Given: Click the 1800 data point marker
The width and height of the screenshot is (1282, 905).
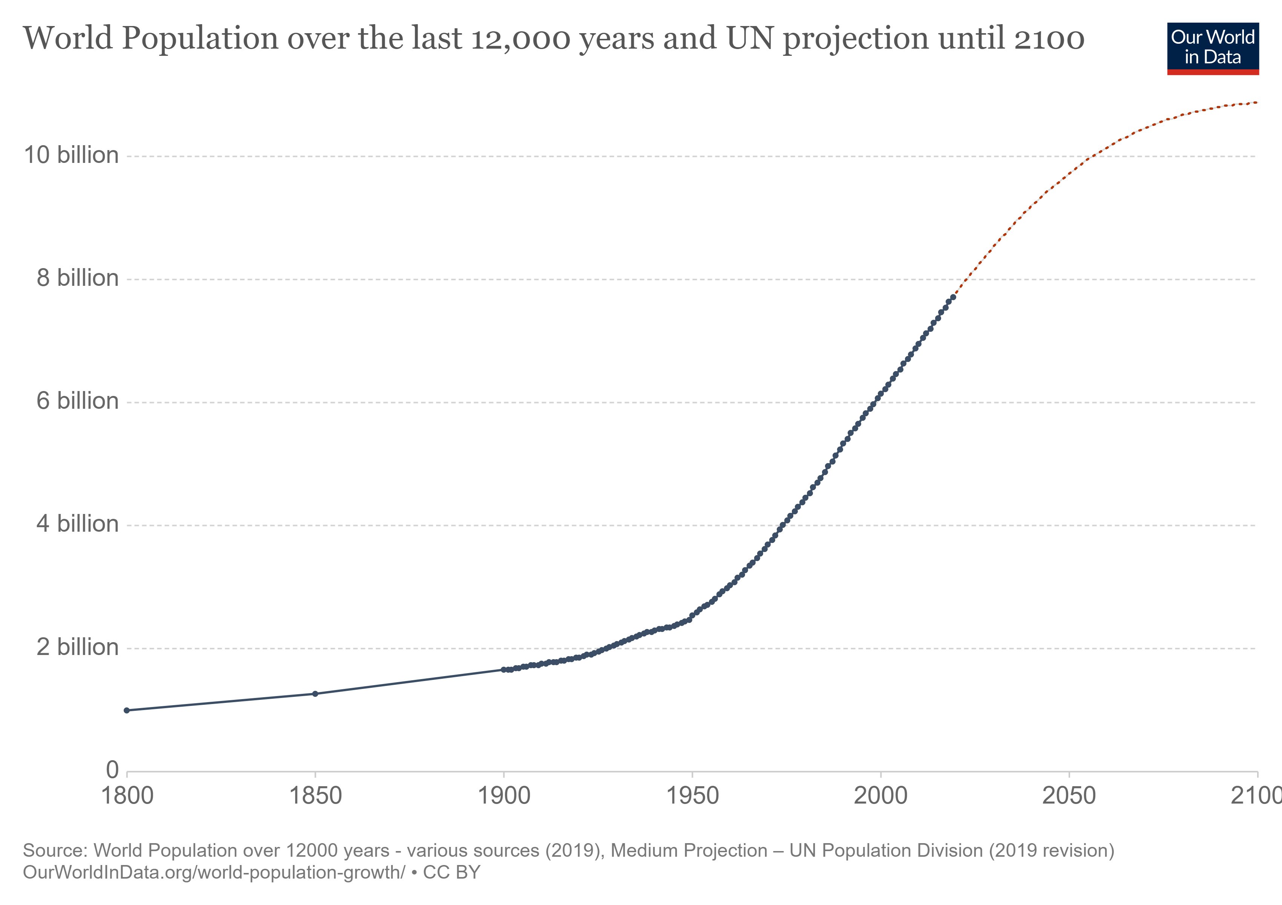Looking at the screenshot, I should tap(127, 710).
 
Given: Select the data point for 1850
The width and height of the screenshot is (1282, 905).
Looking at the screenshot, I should tap(315, 694).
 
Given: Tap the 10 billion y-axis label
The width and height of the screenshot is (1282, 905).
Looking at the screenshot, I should tap(71, 155).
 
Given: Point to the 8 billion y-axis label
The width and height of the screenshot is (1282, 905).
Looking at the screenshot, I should tap(78, 278).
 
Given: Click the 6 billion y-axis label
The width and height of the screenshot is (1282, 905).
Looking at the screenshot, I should tap(78, 401).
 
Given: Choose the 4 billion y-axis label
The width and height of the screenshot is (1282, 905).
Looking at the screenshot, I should tap(78, 524).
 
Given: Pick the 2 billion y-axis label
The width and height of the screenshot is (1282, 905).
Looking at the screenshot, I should tap(78, 647).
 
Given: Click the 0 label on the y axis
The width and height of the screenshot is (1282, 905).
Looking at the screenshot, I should tap(112, 770).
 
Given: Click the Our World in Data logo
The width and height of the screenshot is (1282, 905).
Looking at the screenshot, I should tap(1213, 48).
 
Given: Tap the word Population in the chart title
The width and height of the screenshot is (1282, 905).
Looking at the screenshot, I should tap(200, 39).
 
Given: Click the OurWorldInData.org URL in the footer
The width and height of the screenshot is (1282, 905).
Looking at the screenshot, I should tap(214, 872).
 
